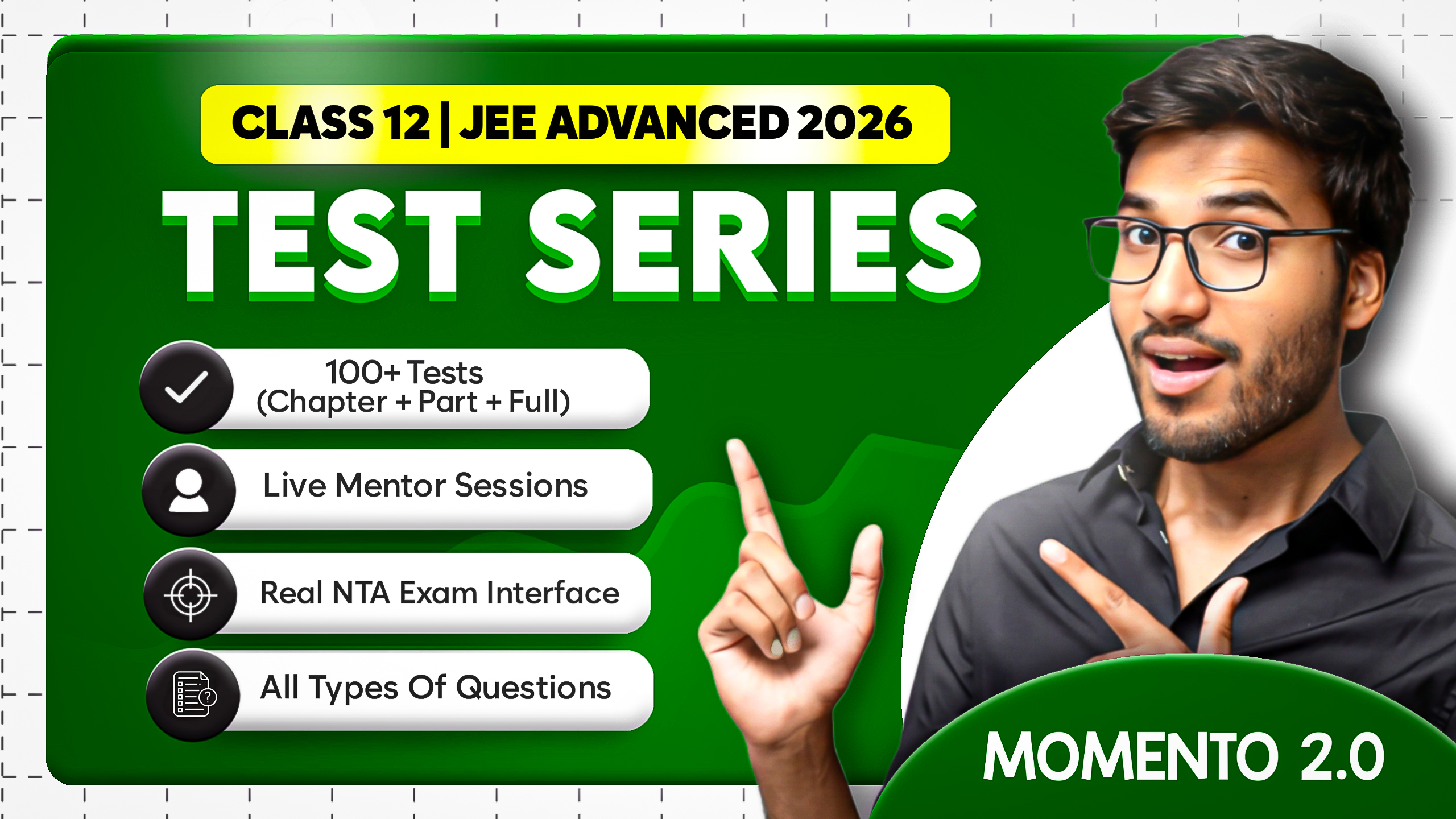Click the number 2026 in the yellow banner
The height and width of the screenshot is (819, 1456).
coord(854,123)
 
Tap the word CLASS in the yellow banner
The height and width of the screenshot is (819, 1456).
coord(303,123)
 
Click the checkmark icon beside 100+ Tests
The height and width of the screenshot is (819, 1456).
coord(186,387)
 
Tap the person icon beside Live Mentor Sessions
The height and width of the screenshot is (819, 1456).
coord(189,490)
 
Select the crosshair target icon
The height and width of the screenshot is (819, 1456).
coord(191,595)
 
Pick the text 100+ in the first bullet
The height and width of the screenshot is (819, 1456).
coord(362,373)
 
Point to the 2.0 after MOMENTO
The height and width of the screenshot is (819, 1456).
coord(1342,756)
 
